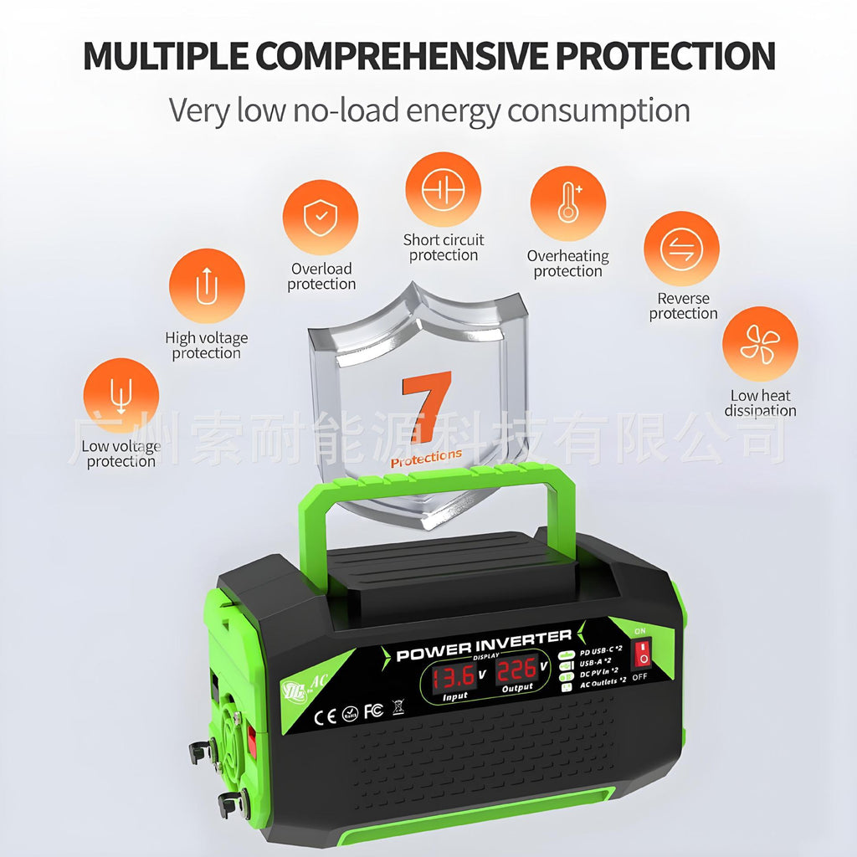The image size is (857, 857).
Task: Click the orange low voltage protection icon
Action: point(121,396)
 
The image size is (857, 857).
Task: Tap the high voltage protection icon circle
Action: point(207,286)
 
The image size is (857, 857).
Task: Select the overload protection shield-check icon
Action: point(320,218)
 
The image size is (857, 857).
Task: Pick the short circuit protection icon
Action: point(443,190)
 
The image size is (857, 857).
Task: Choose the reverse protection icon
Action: point(681,249)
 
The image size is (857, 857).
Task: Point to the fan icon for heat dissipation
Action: point(760,344)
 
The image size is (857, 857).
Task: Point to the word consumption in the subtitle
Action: point(598,110)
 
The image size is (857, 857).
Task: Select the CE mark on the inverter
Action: point(326,716)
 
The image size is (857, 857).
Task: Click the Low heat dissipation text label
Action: point(760,403)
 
